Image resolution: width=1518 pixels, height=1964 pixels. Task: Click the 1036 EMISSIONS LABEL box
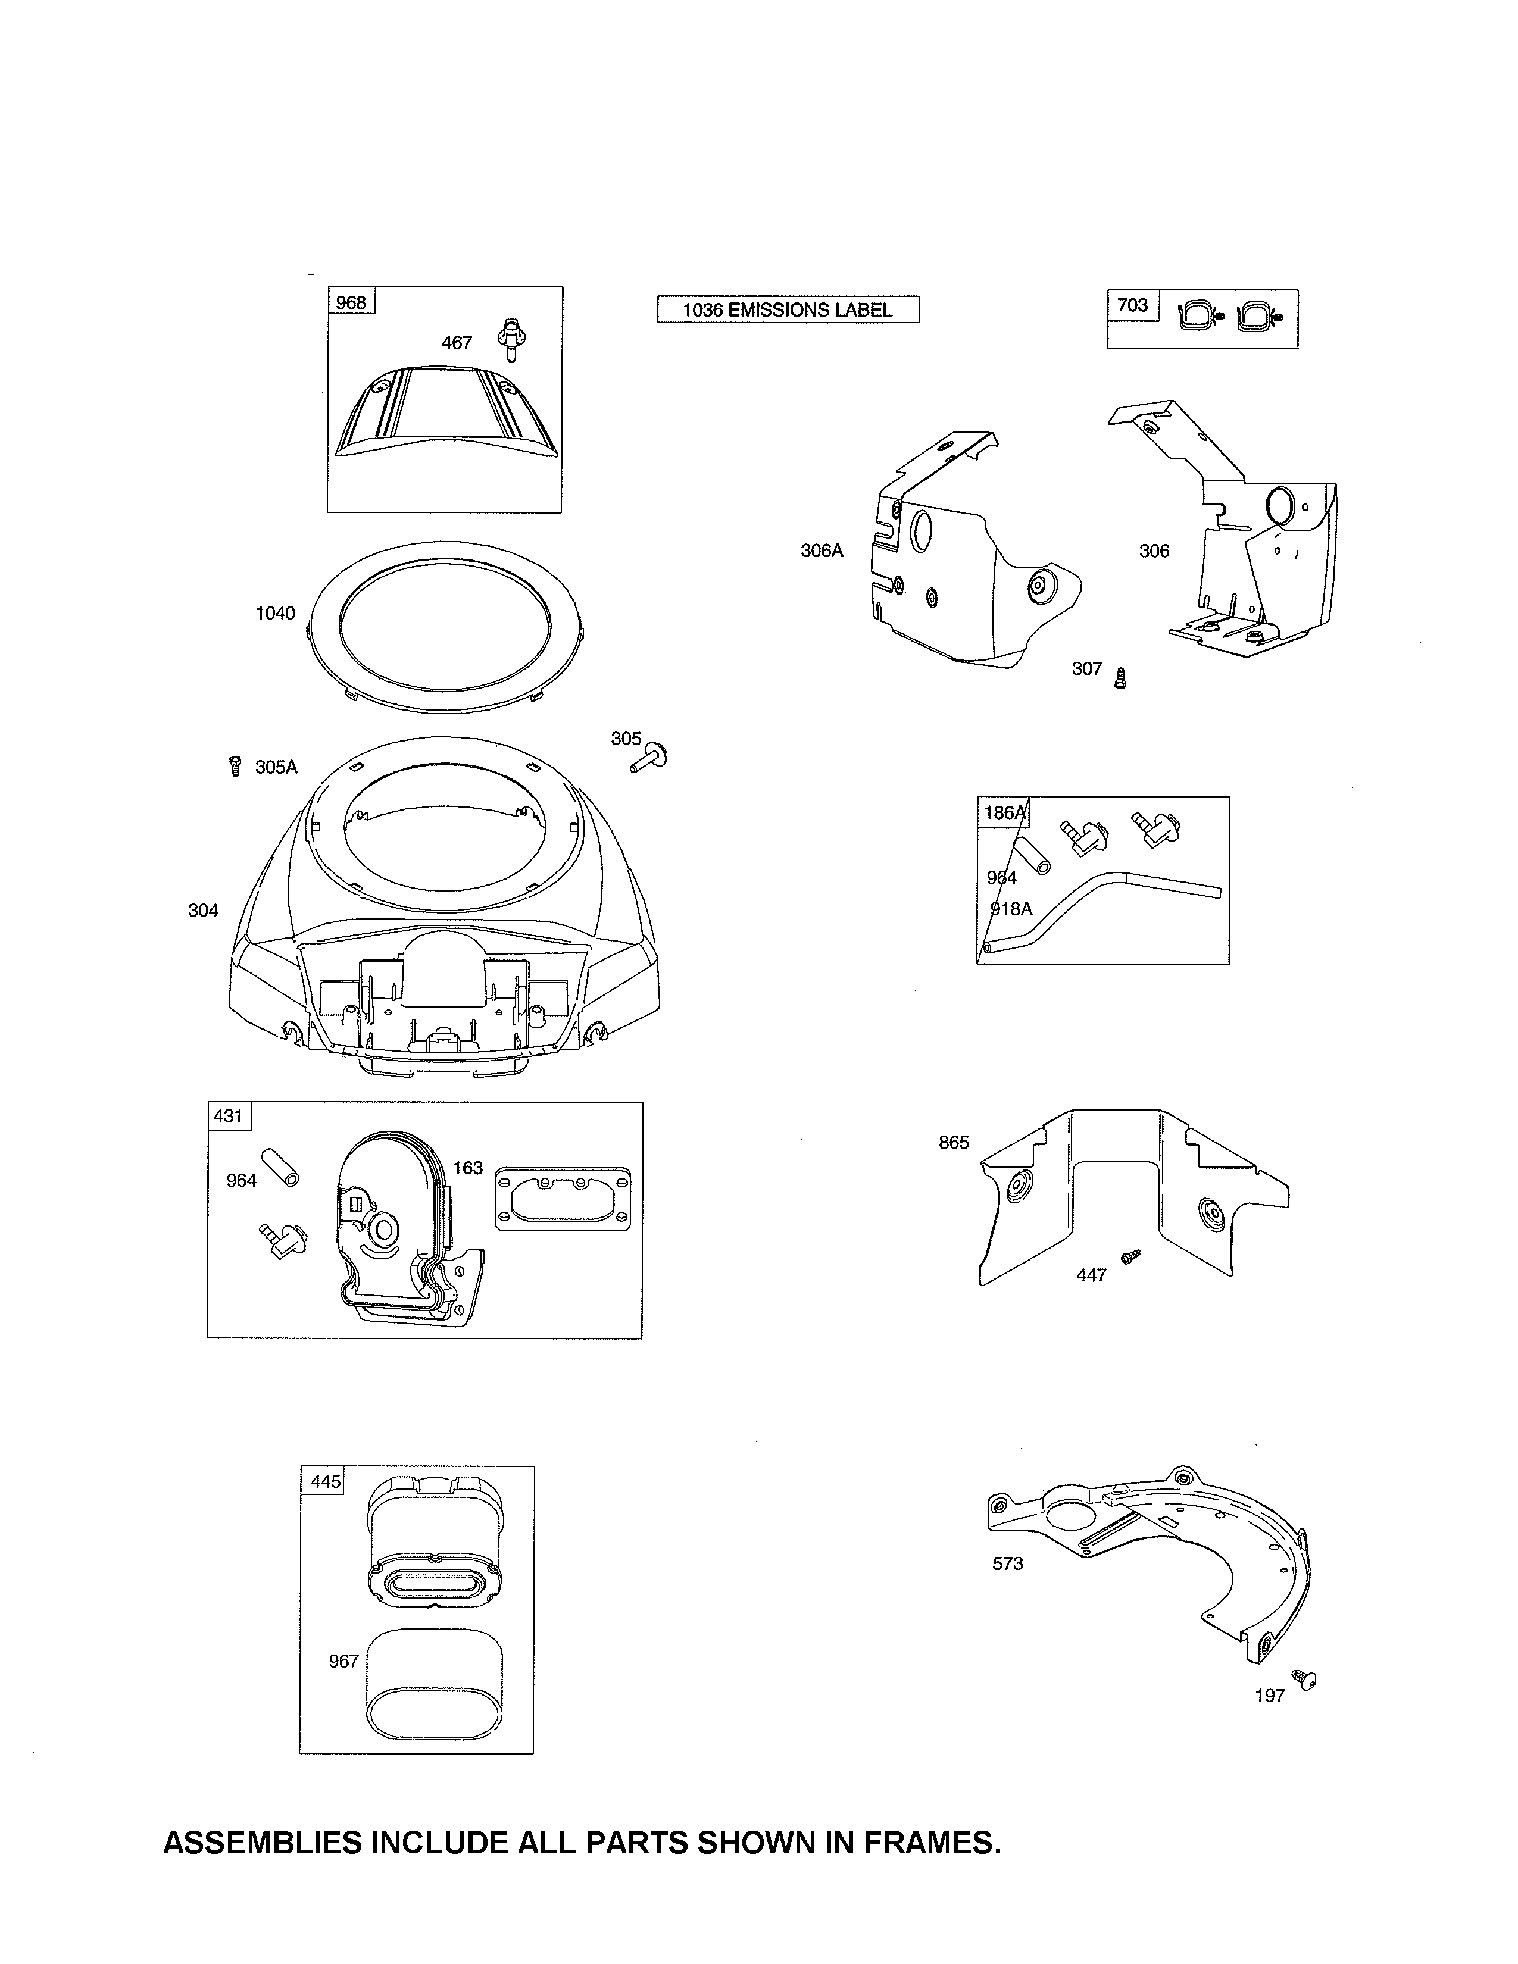(788, 309)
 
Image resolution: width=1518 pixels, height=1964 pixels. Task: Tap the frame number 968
(351, 302)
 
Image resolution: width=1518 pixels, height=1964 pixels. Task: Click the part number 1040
(275, 612)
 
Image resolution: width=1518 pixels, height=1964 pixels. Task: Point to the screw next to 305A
(235, 766)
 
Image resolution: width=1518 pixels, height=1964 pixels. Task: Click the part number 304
(203, 910)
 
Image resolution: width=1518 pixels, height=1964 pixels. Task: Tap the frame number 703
(1132, 305)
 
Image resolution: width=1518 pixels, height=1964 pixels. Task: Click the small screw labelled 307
(1120, 677)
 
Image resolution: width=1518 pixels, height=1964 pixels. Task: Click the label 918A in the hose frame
(1011, 908)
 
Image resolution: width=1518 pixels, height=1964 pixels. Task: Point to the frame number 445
(326, 1480)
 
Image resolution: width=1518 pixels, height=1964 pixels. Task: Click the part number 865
(954, 1142)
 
